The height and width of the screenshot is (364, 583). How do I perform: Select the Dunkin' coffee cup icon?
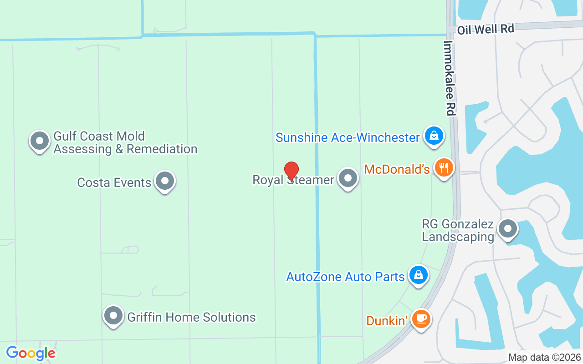coord(421,318)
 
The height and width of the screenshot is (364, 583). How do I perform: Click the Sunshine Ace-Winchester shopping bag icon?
coord(434,136)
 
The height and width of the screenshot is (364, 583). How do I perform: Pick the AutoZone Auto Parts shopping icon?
coord(418,274)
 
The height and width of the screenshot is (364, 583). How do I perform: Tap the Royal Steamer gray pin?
coord(348,178)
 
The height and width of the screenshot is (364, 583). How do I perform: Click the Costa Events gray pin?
coord(165,181)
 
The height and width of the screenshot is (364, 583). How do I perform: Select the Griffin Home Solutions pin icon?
coord(113,315)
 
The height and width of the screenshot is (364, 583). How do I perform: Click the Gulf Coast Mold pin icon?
coord(40,141)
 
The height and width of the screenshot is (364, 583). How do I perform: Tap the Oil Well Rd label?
coord(486,30)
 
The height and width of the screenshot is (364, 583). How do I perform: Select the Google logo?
coord(31,353)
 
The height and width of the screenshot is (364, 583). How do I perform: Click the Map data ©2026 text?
coord(544,358)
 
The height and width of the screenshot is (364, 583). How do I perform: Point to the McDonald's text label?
coord(397,170)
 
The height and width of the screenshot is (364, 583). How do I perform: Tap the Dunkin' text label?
coord(387,321)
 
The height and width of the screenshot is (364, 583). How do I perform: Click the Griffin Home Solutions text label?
coord(191,317)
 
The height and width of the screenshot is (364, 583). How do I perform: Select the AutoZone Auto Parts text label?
coord(345,277)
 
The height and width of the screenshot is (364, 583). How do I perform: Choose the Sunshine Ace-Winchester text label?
coord(348,137)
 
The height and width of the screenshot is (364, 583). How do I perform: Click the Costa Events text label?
coord(114,182)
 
